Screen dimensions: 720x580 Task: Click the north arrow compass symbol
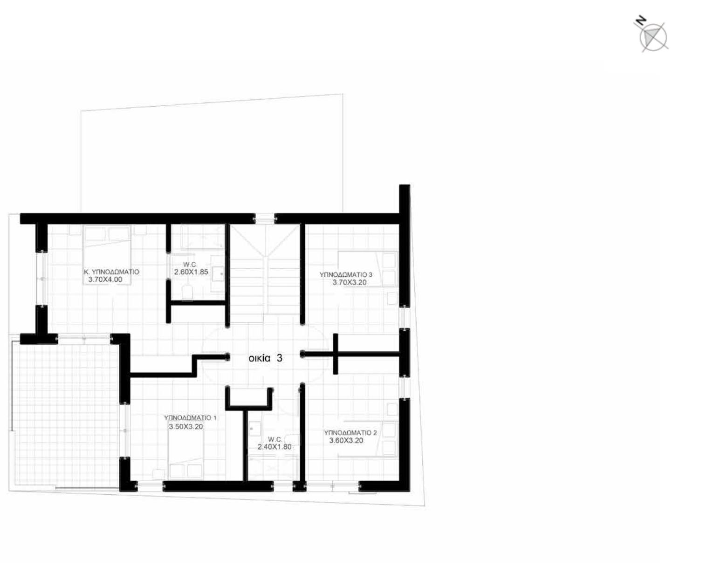pyautogui.click(x=652, y=37)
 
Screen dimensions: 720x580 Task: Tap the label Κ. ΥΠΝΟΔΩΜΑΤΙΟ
pyautogui.click(x=111, y=272)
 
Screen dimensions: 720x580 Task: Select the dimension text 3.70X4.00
pyautogui.click(x=105, y=280)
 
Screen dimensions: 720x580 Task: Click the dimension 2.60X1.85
pyautogui.click(x=191, y=272)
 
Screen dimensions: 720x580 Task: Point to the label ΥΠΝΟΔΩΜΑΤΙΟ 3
pyautogui.click(x=346, y=274)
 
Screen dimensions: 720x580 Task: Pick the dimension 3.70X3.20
pyautogui.click(x=350, y=282)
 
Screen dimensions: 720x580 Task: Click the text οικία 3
pyautogui.click(x=265, y=358)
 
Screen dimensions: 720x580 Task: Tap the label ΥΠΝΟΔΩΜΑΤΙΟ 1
pyautogui.click(x=190, y=418)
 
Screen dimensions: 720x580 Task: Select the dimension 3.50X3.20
pyautogui.click(x=185, y=427)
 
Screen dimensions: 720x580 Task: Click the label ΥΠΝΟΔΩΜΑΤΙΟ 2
pyautogui.click(x=350, y=433)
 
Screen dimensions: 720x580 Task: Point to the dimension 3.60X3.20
pyautogui.click(x=346, y=441)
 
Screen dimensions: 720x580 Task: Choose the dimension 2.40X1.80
pyautogui.click(x=274, y=447)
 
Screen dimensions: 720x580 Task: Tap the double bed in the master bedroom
pyautogui.click(x=107, y=255)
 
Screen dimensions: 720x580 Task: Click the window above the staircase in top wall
pyautogui.click(x=265, y=219)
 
